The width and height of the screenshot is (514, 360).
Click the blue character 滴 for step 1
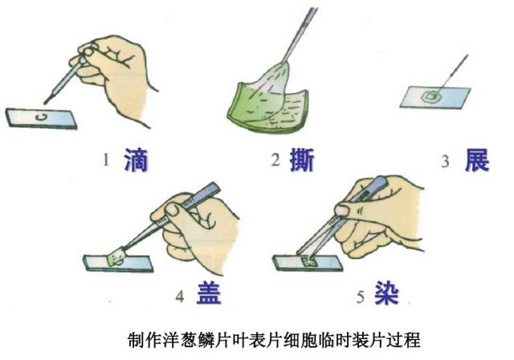click(x=136, y=160)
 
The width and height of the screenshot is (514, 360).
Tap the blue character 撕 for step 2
click(x=302, y=160)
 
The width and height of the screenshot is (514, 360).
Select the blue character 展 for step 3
click(x=477, y=160)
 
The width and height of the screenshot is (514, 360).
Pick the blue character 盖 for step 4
click(x=209, y=292)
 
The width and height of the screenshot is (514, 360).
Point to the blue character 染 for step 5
click(x=387, y=292)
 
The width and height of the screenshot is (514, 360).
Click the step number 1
click(x=105, y=161)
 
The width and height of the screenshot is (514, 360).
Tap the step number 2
click(x=275, y=161)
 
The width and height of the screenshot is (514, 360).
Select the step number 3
click(x=445, y=162)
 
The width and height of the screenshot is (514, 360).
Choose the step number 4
click(x=180, y=297)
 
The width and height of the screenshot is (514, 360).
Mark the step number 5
click(x=361, y=297)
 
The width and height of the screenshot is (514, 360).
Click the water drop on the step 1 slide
click(x=41, y=117)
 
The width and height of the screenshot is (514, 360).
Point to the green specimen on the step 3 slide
click(x=430, y=96)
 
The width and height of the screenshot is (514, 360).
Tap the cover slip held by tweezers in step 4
click(x=116, y=256)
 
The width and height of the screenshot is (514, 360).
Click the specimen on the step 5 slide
click(x=309, y=261)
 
